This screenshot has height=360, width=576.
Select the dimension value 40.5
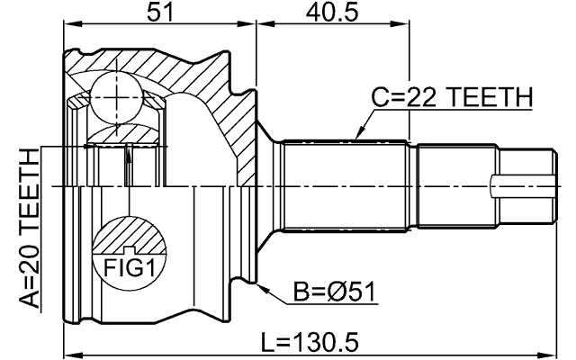[x=331, y=13]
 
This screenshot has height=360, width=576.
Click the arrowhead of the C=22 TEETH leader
[x=358, y=136]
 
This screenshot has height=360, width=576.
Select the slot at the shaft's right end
[x=520, y=187]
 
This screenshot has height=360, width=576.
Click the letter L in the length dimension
[x=267, y=342]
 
